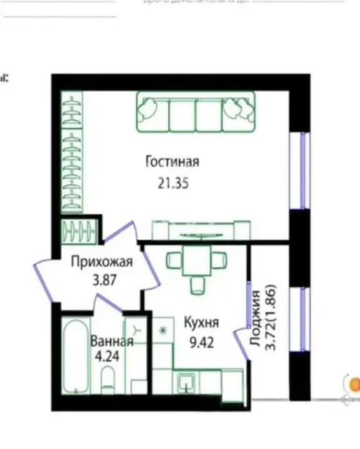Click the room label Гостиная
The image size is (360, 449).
[x=172, y=162]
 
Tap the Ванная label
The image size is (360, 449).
[x=112, y=342]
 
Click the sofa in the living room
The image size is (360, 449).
[x=196, y=112]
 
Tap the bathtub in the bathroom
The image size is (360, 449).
[x=76, y=356]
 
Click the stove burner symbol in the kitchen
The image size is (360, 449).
[x=164, y=329]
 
